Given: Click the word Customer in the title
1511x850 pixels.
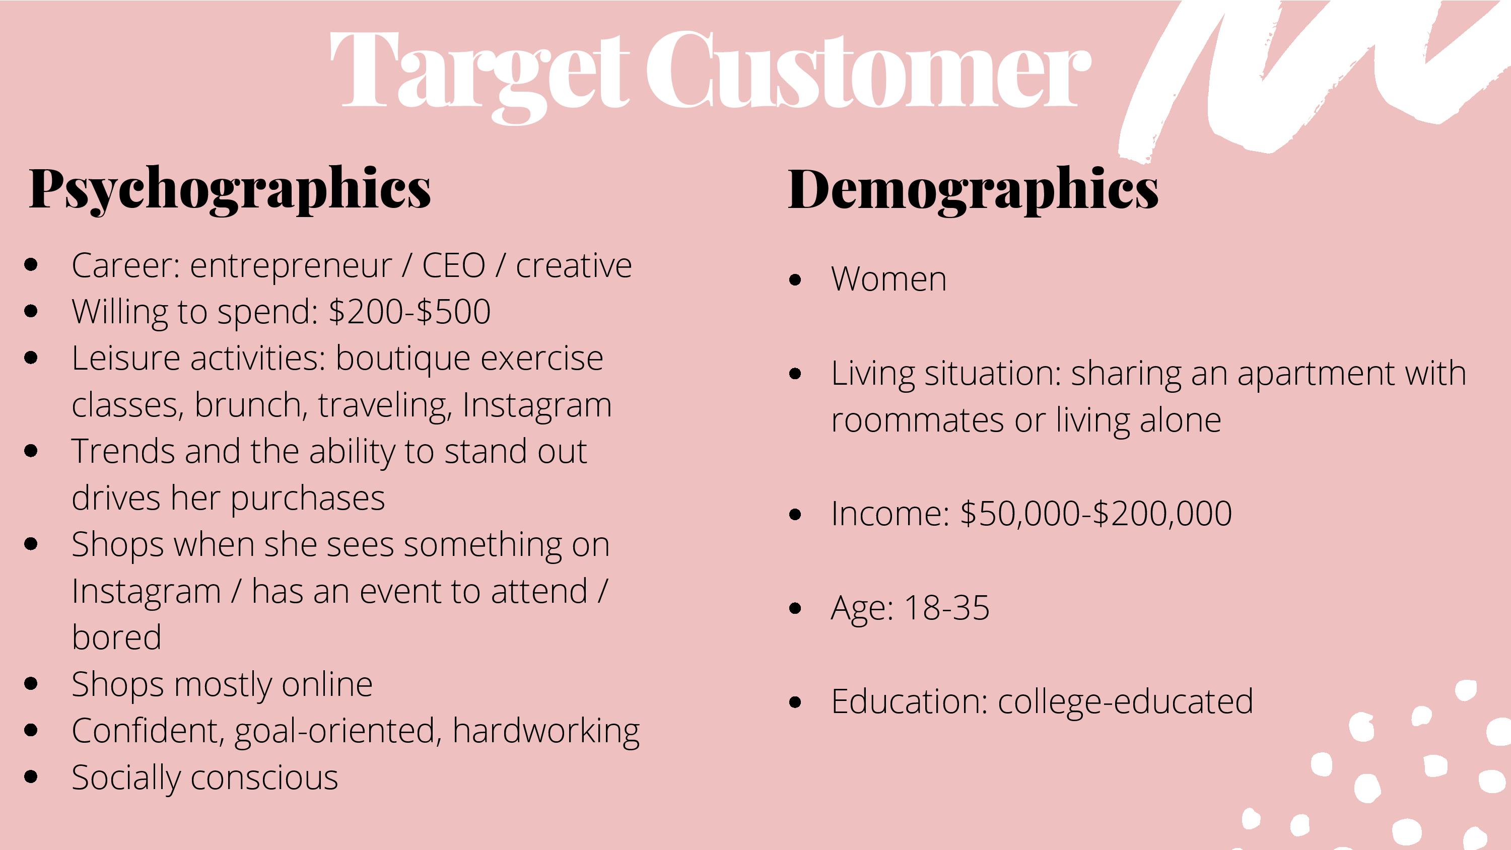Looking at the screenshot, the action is (x=868, y=69).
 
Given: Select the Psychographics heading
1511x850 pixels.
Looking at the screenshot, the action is (x=230, y=189).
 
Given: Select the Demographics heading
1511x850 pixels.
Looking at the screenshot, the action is (x=973, y=189).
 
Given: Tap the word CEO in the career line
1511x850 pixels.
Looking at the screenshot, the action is (x=453, y=265).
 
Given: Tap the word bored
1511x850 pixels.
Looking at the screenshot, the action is (x=116, y=637).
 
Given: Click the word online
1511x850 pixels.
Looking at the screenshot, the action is (x=327, y=684).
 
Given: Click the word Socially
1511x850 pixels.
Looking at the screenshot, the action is (x=125, y=778).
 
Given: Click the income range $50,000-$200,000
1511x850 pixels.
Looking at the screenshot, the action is (x=1095, y=514).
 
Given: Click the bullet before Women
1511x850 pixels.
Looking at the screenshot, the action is (x=795, y=280).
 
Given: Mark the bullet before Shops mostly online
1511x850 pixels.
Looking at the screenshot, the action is (x=32, y=683).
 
